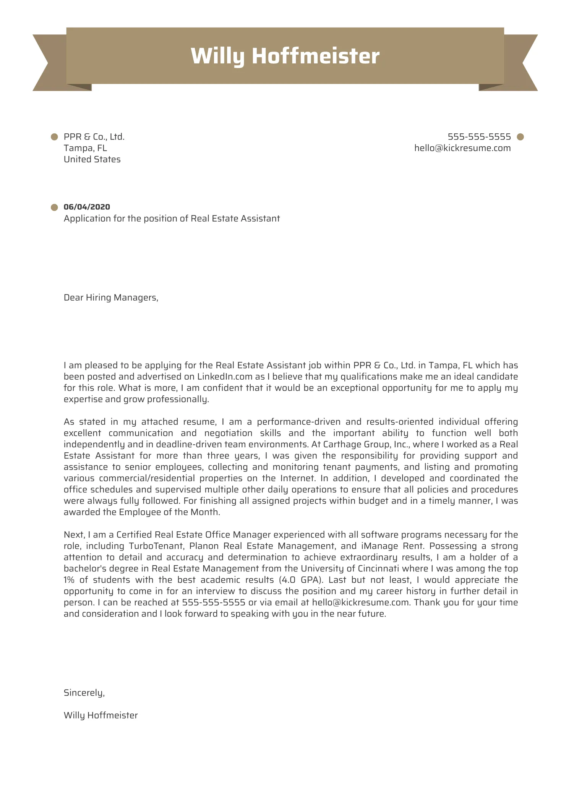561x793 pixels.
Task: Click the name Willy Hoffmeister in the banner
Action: (285, 56)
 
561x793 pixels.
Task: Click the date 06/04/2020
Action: (87, 207)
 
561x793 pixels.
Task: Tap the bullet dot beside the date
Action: (54, 207)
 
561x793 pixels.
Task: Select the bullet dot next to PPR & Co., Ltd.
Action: (54, 137)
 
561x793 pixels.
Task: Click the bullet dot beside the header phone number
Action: (520, 137)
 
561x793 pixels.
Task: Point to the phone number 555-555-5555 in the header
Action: (479, 137)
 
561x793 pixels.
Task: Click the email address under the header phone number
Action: (462, 148)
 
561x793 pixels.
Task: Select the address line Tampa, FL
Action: (85, 148)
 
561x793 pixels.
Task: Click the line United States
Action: (92, 159)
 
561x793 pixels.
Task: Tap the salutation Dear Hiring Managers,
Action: (111, 298)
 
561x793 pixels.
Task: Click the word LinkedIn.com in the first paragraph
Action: (225, 377)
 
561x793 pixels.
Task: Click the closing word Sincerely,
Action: (84, 693)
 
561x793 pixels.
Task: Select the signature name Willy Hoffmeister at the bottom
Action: (101, 715)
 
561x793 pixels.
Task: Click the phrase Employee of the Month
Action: (169, 512)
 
